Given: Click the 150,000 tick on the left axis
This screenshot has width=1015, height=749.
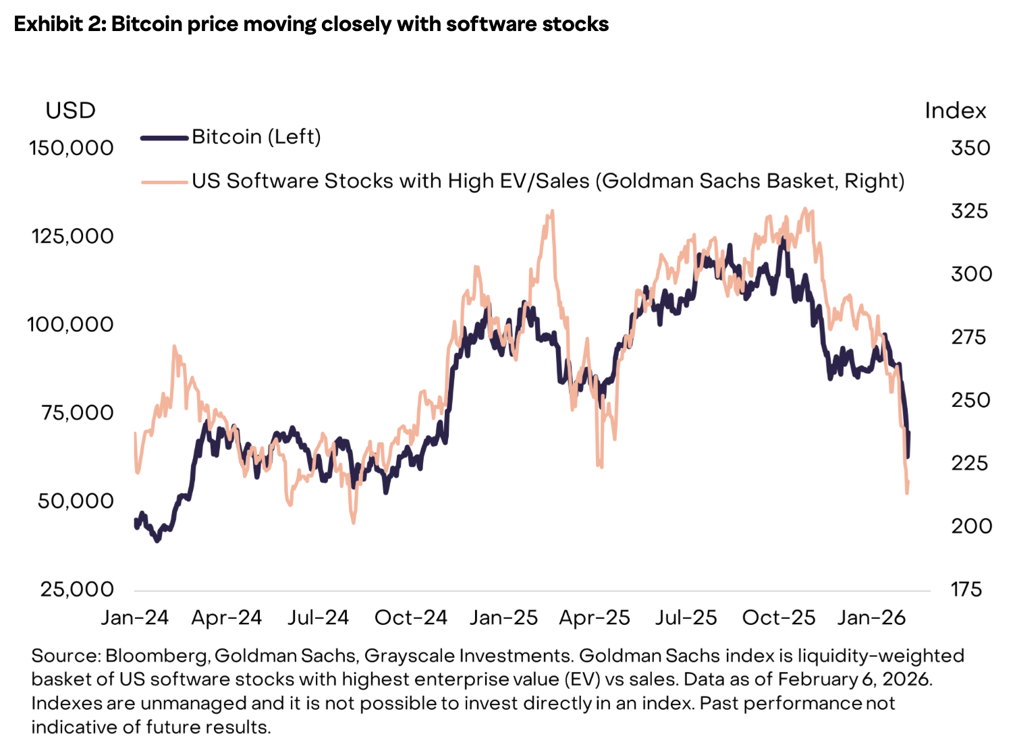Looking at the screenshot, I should pos(71,148).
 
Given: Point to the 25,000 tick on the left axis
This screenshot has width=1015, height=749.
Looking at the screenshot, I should pos(77,589).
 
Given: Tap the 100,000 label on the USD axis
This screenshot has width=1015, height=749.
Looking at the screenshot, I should pos(70,325).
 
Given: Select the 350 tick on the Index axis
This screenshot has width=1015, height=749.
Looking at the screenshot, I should pos(970,148).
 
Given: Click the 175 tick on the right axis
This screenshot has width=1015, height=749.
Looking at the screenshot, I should pos(966,590).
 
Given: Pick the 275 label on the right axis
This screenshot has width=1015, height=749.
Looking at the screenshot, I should pos(969,337).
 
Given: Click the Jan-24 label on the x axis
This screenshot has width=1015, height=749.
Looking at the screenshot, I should pos(134,617).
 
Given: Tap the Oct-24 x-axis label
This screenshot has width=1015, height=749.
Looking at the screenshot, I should pos(410,617).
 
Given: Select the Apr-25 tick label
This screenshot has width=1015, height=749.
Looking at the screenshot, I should pos(594,617).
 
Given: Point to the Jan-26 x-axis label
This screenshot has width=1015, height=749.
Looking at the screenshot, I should pos(871,617).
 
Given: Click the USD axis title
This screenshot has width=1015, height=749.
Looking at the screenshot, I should pos(70,111).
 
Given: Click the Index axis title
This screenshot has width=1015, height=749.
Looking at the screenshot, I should pos(955,111).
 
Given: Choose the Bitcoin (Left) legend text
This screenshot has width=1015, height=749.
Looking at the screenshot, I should pos(256,137).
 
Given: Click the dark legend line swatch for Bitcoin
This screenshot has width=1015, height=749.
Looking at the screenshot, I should pos(164,138).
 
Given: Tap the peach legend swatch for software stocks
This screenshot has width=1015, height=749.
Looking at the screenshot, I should pos(164,182).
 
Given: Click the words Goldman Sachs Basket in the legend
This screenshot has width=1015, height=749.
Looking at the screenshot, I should pos(719,181).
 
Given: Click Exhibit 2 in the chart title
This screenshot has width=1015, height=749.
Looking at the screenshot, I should pos(58,24).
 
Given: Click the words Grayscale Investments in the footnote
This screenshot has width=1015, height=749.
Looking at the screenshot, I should pos(467,656).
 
